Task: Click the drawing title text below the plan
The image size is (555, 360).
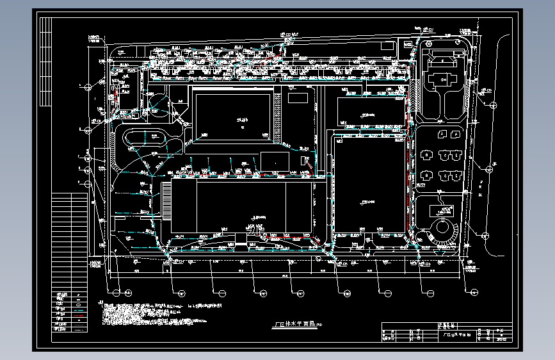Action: (291, 325)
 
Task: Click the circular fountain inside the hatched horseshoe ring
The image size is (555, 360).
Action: (441, 229)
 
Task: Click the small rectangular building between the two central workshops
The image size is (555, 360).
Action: (274, 161)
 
